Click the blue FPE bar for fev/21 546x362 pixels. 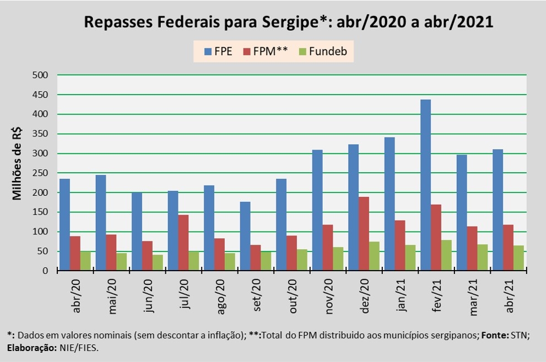click(x=425, y=185)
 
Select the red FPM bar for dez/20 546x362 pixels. click(x=364, y=234)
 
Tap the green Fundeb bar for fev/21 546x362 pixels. click(x=447, y=255)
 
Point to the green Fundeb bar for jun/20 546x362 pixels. click(x=158, y=262)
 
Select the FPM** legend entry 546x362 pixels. click(x=266, y=52)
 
